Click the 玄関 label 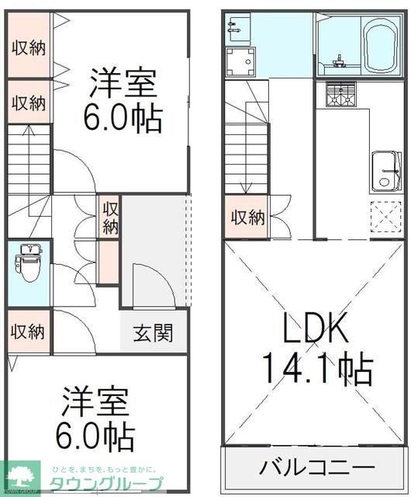pos(154,334)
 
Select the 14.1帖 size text pos(317,370)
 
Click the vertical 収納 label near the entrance pos(110,217)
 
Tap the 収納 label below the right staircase pos(247,217)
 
